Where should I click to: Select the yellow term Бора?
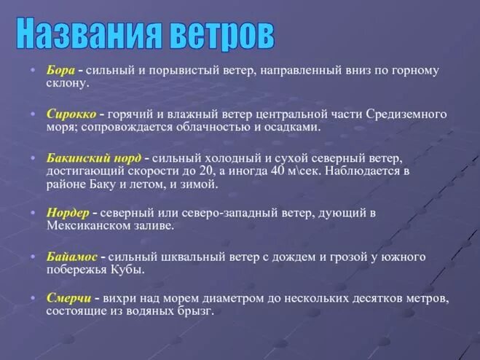(60, 71)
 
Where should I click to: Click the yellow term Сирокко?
(71, 114)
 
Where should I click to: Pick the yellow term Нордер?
(68, 213)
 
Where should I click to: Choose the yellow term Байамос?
(72, 257)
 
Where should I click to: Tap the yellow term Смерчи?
(69, 298)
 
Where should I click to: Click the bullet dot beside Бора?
(34, 71)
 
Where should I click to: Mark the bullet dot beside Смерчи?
(34, 298)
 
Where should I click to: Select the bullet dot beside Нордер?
(34, 213)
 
